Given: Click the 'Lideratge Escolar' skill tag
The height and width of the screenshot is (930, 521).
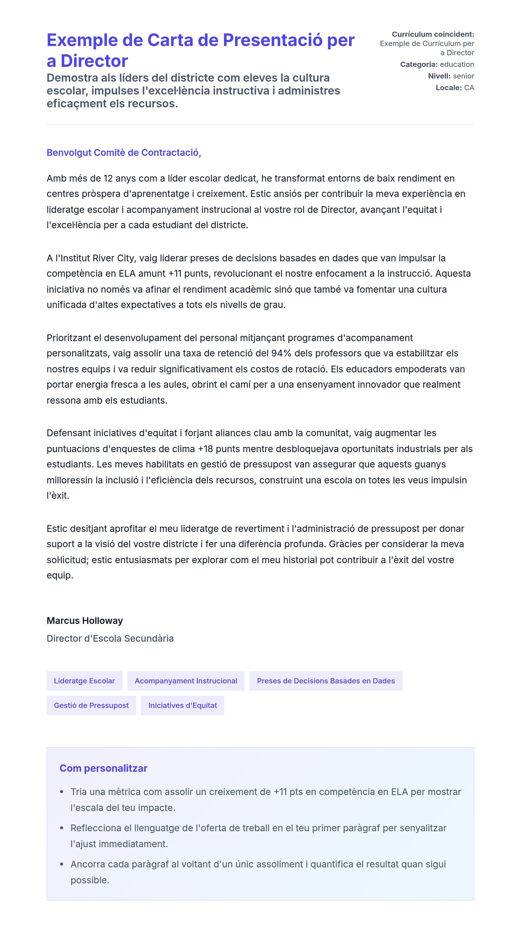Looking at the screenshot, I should (84, 681).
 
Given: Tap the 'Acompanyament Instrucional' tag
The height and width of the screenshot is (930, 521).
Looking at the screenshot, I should (186, 681).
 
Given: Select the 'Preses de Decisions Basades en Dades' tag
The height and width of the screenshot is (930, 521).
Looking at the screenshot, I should (325, 681).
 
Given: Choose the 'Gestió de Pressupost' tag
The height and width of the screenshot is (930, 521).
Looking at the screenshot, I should (91, 705).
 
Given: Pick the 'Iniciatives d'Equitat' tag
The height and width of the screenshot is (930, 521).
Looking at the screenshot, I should (182, 705).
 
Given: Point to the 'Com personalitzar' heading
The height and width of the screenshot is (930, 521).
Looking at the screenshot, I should (103, 768).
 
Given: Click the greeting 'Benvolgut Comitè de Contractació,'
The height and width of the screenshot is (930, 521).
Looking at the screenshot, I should (124, 152).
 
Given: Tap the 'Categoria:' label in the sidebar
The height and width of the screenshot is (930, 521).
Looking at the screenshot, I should (419, 64).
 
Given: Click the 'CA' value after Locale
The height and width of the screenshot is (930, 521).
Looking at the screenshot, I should (469, 87).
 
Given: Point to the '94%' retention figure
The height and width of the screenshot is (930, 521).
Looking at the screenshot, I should (281, 353).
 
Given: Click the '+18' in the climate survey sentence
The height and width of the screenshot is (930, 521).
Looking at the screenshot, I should (205, 449).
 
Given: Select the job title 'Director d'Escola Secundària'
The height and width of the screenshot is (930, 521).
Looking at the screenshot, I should (110, 638).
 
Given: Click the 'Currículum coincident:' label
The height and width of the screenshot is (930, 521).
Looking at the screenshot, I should (433, 34).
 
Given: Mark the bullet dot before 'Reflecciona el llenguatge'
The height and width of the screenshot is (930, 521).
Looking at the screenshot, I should (62, 828).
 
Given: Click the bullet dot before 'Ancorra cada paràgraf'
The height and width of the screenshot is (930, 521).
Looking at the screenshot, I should (62, 864).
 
